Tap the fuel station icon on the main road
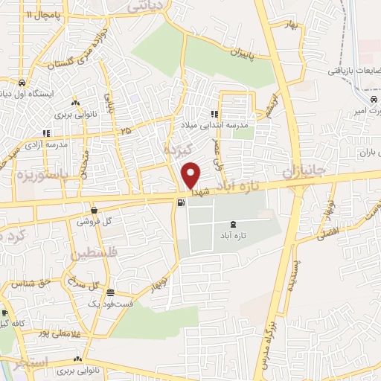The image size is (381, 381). [x=180, y=202]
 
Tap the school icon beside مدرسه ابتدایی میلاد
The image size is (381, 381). [x=214, y=114]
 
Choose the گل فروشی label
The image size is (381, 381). [x=95, y=222]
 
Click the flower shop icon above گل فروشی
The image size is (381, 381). [x=95, y=211]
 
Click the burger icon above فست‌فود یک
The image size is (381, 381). [x=110, y=292]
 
